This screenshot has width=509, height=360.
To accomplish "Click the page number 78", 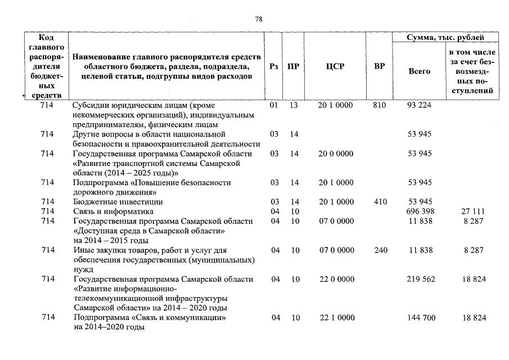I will click(x=259, y=19).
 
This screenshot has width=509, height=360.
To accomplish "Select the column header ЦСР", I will click(x=335, y=66).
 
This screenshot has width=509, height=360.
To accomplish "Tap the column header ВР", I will click(x=380, y=66).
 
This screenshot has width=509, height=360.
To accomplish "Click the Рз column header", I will click(x=274, y=66).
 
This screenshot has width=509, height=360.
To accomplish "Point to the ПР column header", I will click(x=293, y=66).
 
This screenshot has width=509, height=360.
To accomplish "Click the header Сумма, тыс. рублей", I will click(x=445, y=38).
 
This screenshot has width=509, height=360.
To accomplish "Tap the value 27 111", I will click(x=474, y=211).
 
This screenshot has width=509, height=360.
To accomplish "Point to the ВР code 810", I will click(x=380, y=105).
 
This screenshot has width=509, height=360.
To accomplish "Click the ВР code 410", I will click(x=380, y=201).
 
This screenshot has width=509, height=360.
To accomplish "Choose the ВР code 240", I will click(x=380, y=250).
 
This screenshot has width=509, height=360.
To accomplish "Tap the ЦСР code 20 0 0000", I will click(x=336, y=154).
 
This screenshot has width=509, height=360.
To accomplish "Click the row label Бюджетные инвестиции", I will click(x=118, y=201).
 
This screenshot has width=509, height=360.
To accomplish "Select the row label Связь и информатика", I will click(x=113, y=211).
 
